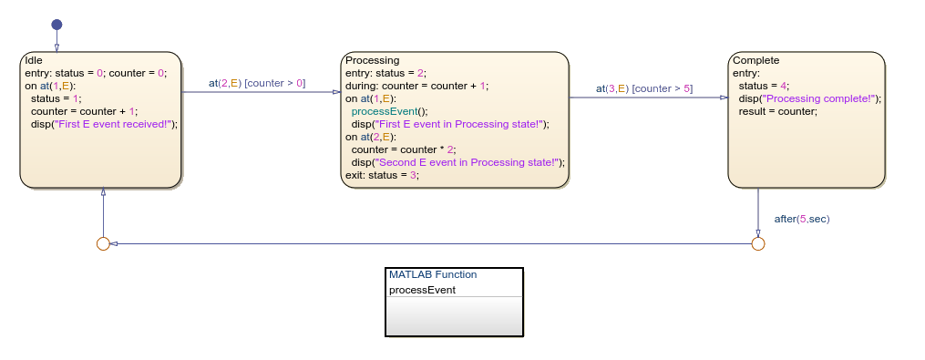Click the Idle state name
[33, 60]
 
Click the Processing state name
[372, 60]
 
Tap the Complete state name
[755, 60]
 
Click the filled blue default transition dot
[57, 25]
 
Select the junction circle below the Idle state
[103, 243]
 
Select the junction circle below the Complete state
[757, 243]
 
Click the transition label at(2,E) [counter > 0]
[256, 83]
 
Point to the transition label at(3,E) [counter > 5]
[643, 88]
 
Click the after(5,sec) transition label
[801, 219]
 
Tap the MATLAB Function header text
[433, 274]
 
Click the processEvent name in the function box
[422, 290]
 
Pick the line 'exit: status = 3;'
[382, 175]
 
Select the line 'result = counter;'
[777, 111]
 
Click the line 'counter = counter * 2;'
[404, 149]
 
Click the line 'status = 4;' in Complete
[764, 86]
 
